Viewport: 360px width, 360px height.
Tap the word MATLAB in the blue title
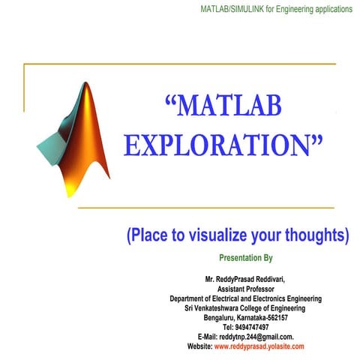(225, 106)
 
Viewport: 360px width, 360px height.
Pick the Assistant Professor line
(245, 289)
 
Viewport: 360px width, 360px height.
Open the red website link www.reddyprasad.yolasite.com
(259, 347)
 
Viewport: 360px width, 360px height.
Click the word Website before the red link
(199, 347)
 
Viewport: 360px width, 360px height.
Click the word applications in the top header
(331, 9)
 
